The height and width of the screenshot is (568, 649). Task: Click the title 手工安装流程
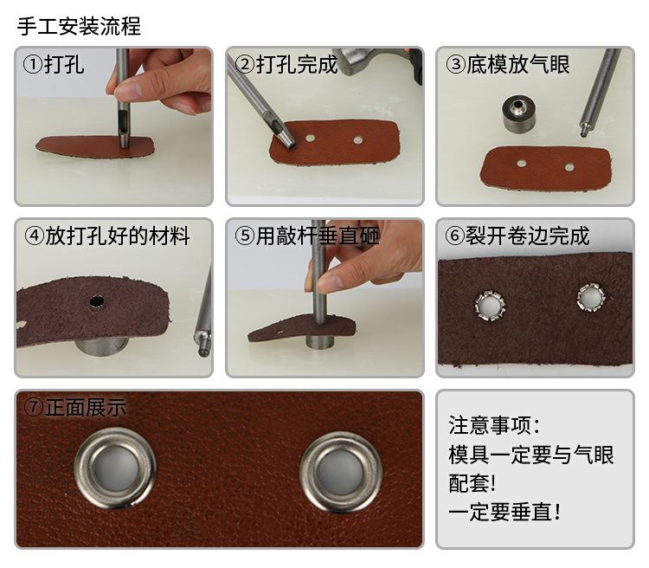click(x=79, y=26)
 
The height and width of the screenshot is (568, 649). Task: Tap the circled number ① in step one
click(x=33, y=65)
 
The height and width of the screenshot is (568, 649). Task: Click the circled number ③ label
click(x=456, y=65)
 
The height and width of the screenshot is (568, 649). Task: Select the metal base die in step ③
click(x=519, y=113)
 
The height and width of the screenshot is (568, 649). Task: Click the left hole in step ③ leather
click(x=522, y=164)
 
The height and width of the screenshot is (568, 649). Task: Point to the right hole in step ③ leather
click(x=569, y=167)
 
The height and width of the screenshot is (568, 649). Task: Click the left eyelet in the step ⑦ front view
click(x=115, y=468)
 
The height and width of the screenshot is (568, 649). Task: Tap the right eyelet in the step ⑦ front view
click(x=341, y=472)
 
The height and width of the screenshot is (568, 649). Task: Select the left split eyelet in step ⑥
click(x=490, y=307)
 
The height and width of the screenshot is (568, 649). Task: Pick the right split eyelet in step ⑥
click(x=592, y=297)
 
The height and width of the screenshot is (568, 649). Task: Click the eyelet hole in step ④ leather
click(x=97, y=301)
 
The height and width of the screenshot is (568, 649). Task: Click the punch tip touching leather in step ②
click(x=288, y=142)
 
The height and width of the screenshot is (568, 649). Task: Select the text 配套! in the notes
click(x=472, y=483)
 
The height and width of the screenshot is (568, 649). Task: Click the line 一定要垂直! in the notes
click(x=504, y=512)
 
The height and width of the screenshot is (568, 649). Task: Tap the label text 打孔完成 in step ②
click(x=297, y=65)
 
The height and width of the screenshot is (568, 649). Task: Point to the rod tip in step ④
click(x=202, y=352)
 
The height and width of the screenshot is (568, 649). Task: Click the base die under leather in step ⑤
click(x=319, y=341)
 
